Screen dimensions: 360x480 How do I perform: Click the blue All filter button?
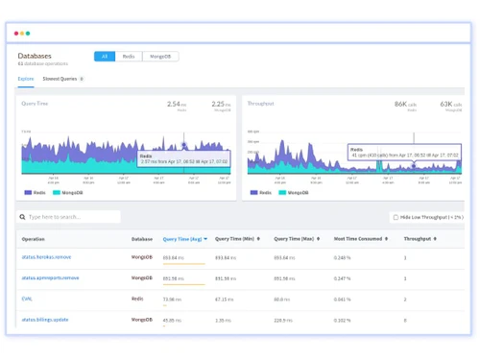pyautogui.click(x=104, y=57)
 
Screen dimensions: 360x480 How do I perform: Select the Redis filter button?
pyautogui.click(x=129, y=57)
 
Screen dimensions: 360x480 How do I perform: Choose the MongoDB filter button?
pyautogui.click(x=159, y=57)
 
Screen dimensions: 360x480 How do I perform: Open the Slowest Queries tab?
pyautogui.click(x=60, y=79)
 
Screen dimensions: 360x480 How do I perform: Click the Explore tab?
pyautogui.click(x=26, y=79)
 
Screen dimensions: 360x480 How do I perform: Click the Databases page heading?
pyautogui.click(x=35, y=56)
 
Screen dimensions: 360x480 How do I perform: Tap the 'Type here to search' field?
pyautogui.click(x=69, y=217)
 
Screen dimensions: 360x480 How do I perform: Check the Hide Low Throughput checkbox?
pyautogui.click(x=395, y=217)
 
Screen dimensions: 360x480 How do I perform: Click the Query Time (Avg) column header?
pyautogui.click(x=182, y=238)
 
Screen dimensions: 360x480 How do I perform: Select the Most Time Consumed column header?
pyautogui.click(x=354, y=238)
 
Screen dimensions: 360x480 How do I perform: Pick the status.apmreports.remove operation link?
pyautogui.click(x=51, y=278)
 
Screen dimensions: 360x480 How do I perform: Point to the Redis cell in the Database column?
pyautogui.click(x=138, y=299)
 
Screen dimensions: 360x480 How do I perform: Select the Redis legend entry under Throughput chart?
pyautogui.click(x=261, y=192)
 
